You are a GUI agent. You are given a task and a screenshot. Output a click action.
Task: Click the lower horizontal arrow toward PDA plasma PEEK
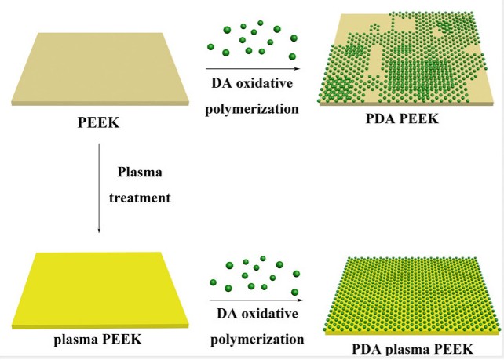(255, 299)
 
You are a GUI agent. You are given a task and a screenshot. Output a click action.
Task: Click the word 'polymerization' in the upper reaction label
(251, 108)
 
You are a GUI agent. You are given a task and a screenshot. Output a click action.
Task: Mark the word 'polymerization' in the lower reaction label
(251, 339)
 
